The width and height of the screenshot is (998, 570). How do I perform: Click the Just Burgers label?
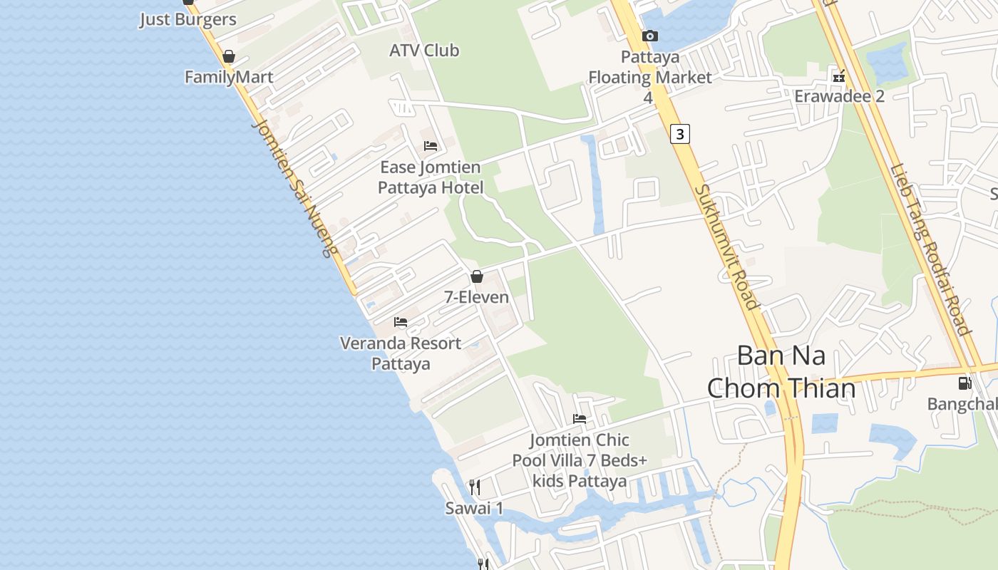pos(187,19)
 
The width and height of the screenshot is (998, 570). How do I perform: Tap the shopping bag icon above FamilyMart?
pos(229,56)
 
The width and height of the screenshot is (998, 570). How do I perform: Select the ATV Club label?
pos(424,51)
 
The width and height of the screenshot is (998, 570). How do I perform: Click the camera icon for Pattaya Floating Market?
pos(649,36)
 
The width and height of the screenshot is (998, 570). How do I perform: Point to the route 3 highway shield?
pos(680,133)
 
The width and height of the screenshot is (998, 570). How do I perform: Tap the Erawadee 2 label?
pos(839,95)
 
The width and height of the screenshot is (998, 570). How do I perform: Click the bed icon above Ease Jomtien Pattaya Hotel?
pos(431,146)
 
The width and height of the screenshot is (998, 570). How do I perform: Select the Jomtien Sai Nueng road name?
pos(293,187)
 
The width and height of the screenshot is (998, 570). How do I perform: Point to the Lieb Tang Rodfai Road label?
pos(930,249)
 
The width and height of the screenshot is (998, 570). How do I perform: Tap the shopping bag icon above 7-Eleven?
pos(477,276)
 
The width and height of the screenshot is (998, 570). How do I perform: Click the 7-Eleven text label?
pos(477,297)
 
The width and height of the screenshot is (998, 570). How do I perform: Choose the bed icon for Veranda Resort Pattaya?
pos(401,322)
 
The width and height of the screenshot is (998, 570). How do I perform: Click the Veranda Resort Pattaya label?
pos(401,353)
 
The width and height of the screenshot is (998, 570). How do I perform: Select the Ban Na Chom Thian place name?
pos(781,371)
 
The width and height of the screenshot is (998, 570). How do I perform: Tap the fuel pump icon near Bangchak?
pos(965,383)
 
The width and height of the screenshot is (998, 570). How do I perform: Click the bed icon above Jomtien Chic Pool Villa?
pos(580,419)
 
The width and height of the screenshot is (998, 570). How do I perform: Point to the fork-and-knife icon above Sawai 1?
pos(475,487)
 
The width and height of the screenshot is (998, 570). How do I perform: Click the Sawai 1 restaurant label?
pos(475,508)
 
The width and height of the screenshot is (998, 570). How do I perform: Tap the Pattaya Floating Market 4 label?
pos(649,77)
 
